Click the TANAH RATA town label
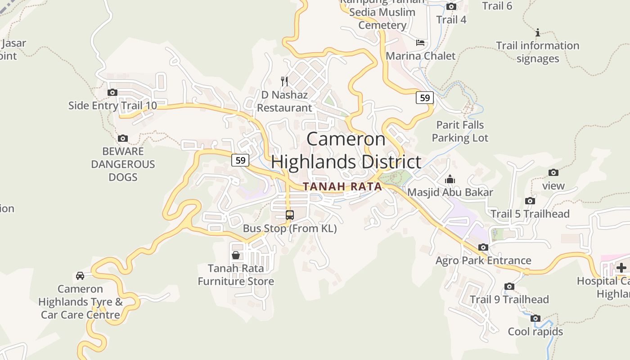pos(342,186)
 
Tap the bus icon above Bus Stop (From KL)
pos(290,215)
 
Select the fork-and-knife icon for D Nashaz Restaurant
pos(284,81)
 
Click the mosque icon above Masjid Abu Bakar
pos(450,180)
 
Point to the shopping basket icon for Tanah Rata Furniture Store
pos(236,256)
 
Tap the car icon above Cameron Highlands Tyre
pos(80,276)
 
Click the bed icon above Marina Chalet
pos(420,43)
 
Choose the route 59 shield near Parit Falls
pos(424,98)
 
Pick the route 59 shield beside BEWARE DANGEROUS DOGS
pos(240,160)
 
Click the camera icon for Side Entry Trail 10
pos(112,93)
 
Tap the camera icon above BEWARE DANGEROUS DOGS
pos(122,139)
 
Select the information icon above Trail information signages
pos(537,32)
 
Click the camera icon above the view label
pos(553,173)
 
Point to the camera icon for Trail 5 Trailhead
pos(530,201)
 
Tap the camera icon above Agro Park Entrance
pos(483,247)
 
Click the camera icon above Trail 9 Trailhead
pos(509,287)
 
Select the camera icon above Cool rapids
pos(535,319)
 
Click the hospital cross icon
pos(621,268)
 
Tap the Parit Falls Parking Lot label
pos(460,131)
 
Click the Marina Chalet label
pos(421,56)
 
